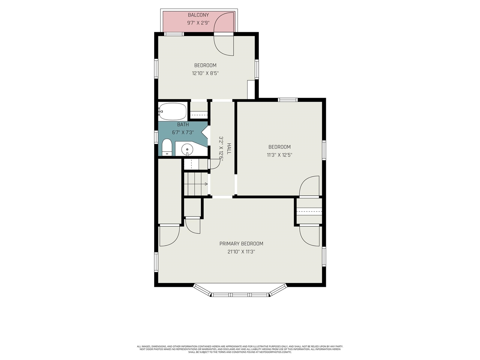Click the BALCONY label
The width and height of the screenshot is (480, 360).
[x=198, y=15]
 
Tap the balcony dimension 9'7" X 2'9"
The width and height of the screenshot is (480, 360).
[x=198, y=23]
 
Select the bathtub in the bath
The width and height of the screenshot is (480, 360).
[x=172, y=111]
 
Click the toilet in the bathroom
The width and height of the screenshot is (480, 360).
[x=167, y=147]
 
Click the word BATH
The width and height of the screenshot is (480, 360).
[x=183, y=124]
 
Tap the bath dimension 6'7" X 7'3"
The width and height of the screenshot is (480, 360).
[x=183, y=132]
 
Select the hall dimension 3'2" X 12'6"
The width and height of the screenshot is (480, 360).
[x=221, y=148]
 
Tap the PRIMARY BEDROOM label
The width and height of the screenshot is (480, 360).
[x=241, y=244]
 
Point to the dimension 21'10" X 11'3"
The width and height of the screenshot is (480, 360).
[x=241, y=252]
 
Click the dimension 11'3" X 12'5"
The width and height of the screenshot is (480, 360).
[x=279, y=155]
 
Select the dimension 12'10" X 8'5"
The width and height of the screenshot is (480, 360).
[x=205, y=73]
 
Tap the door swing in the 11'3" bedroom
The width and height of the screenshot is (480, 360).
[x=309, y=186]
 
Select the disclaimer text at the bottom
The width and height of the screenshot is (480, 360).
[x=240, y=349]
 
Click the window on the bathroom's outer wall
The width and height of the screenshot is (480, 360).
[x=156, y=136]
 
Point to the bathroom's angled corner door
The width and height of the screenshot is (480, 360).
[x=205, y=132]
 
